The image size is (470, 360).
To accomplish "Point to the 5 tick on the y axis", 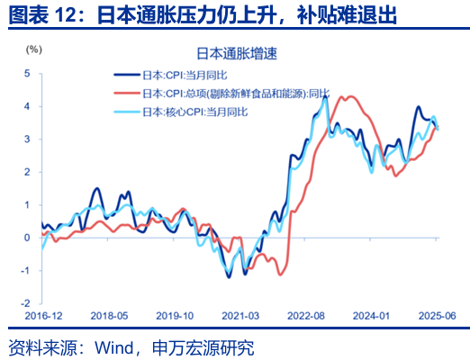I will pos(28,73).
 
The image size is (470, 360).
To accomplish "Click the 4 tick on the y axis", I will pos(28,106).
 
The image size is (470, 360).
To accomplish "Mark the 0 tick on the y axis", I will pos(28,238).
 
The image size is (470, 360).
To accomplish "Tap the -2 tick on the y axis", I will pos(27,303).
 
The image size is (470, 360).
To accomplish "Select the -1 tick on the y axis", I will pos(27,271).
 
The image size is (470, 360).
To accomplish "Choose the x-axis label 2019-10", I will pos(175,317).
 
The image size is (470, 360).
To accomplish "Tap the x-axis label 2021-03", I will pos(240,317).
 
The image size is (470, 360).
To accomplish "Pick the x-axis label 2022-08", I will pos(305,317).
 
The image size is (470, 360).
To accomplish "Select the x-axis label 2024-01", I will pos(371,317).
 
